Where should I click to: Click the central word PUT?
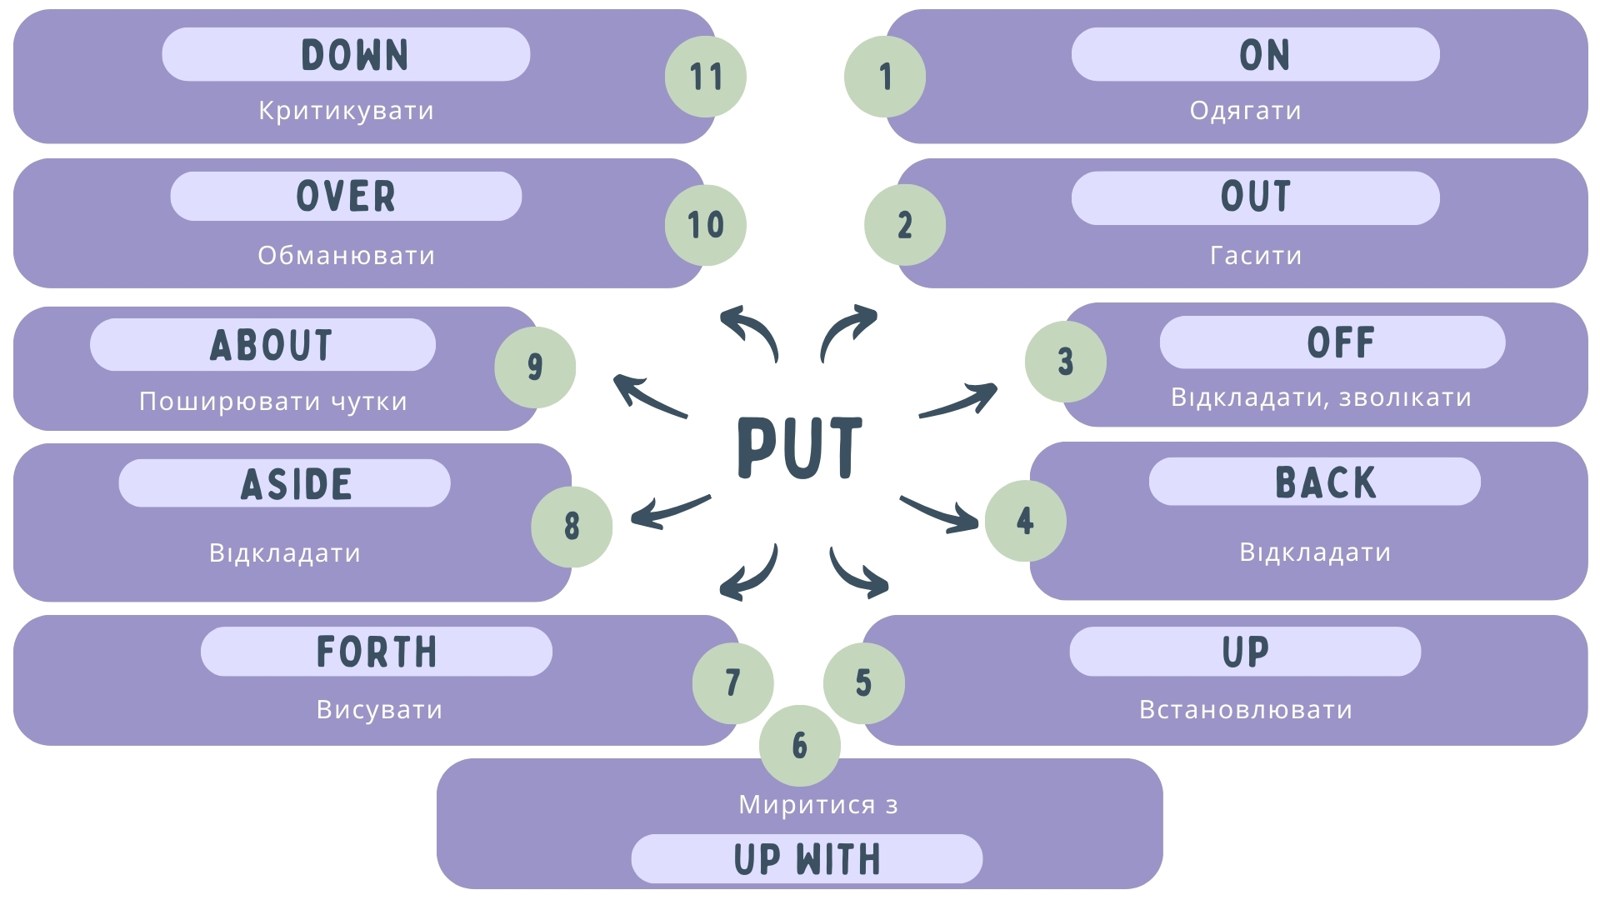(799, 447)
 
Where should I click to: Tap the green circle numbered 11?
(705, 77)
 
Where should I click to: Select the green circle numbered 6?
(799, 745)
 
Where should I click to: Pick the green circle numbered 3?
(1065, 362)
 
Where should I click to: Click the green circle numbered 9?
(535, 367)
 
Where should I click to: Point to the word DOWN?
(354, 55)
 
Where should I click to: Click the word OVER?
(346, 197)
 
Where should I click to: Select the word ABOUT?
(271, 345)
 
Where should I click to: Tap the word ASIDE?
(297, 484)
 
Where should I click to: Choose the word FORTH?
(377, 652)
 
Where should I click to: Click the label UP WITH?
(807, 859)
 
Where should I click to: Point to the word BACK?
(1325, 482)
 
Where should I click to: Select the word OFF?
(1340, 342)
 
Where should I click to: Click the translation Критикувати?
(346, 111)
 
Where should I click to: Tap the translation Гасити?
(1255, 255)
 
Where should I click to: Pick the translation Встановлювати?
(1245, 710)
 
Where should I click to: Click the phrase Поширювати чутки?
(272, 402)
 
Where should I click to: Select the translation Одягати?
(1245, 111)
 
